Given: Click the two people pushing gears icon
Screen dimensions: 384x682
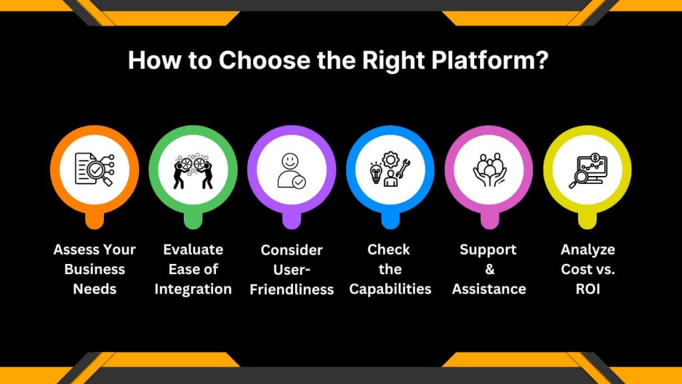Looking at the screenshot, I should pyautogui.click(x=193, y=170).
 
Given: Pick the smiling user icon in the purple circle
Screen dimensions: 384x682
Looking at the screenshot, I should pyautogui.click(x=292, y=170).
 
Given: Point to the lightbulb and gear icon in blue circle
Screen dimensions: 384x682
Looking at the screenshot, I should pyautogui.click(x=390, y=170).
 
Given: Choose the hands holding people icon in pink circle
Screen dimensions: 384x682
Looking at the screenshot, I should pyautogui.click(x=489, y=170).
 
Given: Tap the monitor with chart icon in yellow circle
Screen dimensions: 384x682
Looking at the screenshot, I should pyautogui.click(x=587, y=170).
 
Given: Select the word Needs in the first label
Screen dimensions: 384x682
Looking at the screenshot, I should pyautogui.click(x=95, y=289).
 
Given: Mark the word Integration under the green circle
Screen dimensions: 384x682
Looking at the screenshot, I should pyautogui.click(x=193, y=289).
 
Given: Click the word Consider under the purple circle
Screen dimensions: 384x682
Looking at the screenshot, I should pyautogui.click(x=292, y=250).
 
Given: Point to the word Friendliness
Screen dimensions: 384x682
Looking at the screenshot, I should pyautogui.click(x=292, y=289).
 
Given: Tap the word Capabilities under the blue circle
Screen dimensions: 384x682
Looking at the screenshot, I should pyautogui.click(x=390, y=289).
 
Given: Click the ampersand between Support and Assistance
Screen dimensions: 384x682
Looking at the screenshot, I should pyautogui.click(x=488, y=269).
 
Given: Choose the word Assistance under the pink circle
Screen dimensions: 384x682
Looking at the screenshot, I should pyautogui.click(x=489, y=289).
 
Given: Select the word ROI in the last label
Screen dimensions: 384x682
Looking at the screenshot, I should pyautogui.click(x=587, y=289).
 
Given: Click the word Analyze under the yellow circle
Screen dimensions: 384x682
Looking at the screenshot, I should pyautogui.click(x=587, y=250).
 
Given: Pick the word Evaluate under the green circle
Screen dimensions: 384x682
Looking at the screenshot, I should pyautogui.click(x=193, y=250).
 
